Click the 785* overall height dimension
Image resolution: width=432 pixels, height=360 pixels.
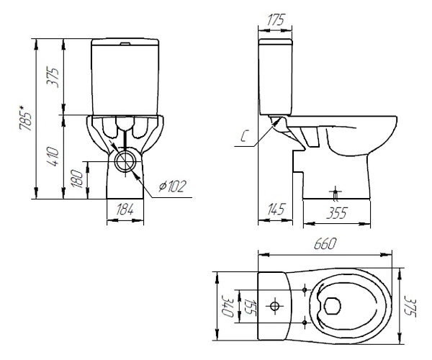click(25, 117)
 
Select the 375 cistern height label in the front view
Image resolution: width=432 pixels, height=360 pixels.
click(53, 77)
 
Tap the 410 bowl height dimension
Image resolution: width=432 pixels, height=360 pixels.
click(53, 156)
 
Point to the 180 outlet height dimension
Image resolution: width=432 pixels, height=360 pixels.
click(77, 179)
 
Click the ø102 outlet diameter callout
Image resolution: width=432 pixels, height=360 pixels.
click(173, 186)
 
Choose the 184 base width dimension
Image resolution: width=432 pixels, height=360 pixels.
click(125, 210)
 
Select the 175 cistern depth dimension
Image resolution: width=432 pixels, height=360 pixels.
click(275, 19)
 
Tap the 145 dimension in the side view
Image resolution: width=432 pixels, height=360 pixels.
click(275, 210)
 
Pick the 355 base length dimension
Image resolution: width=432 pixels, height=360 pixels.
click(336, 213)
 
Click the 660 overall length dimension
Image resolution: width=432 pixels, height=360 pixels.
click(325, 244)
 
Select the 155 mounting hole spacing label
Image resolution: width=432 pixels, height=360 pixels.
click(249, 306)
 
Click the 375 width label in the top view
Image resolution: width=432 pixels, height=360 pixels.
click(410, 306)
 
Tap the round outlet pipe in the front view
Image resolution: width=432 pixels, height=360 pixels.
click(125, 161)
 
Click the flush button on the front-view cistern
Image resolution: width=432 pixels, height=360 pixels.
click(125, 43)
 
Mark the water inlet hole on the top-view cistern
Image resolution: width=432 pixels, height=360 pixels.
click(275, 306)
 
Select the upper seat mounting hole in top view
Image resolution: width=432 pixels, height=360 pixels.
click(305, 289)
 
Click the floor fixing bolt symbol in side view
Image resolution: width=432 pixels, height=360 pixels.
click(336, 193)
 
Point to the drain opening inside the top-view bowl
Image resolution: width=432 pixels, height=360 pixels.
click(332, 306)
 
